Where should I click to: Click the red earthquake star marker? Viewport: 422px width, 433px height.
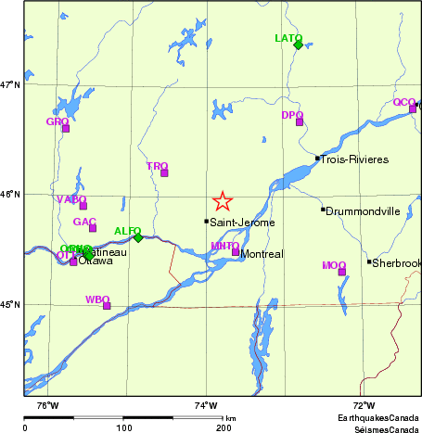coord(222,201)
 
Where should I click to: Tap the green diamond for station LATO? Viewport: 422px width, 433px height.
coord(298,45)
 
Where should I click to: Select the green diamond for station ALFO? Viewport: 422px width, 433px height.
coord(138,237)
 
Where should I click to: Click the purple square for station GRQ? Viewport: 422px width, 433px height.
coord(66,128)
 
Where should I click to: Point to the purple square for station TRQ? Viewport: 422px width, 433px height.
coord(164,172)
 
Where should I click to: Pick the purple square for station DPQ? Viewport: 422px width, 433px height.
coord(300,121)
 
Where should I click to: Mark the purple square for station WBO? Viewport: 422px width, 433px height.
coord(107,305)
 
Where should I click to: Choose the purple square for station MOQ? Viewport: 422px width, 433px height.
coord(341,272)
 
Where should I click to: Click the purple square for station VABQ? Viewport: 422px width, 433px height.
coord(83,205)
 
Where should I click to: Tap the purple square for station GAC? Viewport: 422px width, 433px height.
coord(93,228)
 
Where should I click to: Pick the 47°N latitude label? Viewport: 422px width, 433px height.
coord(11,85)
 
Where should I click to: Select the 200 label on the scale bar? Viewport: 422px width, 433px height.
coord(224,427)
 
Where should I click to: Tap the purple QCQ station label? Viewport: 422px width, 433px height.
coord(404,102)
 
